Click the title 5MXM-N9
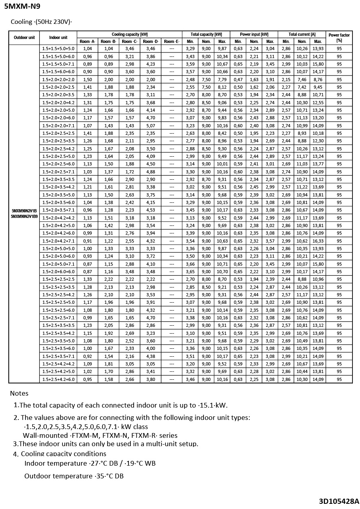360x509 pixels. click(x=22, y=6)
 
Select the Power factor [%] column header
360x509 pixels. click(x=339, y=38)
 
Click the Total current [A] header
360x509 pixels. click(x=302, y=35)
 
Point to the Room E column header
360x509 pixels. click(x=171, y=41)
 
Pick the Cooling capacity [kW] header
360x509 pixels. click(x=130, y=35)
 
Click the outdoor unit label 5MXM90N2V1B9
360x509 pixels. click(x=24, y=216)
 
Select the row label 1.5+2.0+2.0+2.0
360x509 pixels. click(x=58, y=80)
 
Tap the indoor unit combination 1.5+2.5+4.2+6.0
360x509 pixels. click(x=58, y=379)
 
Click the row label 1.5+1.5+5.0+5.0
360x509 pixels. click(x=58, y=49)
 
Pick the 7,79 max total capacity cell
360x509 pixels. click(x=222, y=80)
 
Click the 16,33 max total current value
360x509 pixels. click(x=318, y=241)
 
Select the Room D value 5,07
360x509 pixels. click(x=150, y=126)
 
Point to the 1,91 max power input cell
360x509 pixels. click(x=270, y=80)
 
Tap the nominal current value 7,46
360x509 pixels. click(x=302, y=80)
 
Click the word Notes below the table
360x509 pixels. click(x=19, y=393)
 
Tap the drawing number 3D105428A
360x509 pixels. click(x=339, y=501)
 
